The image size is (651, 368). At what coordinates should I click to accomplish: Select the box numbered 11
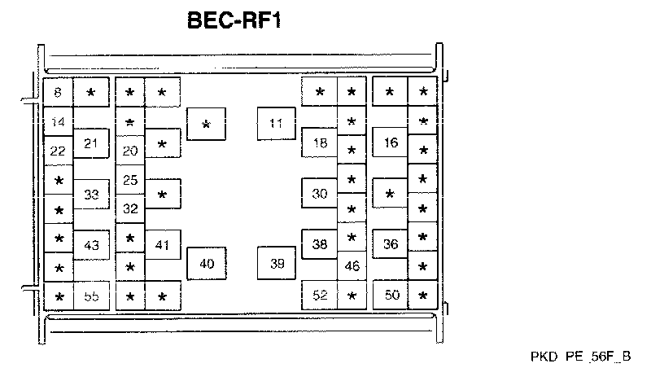click(x=277, y=124)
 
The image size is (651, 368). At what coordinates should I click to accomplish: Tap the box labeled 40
click(x=206, y=263)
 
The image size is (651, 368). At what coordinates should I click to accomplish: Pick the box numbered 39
click(x=277, y=263)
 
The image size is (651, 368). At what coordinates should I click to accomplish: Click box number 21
click(x=90, y=143)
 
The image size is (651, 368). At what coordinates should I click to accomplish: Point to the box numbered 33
click(x=90, y=194)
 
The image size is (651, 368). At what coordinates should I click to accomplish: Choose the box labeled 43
click(x=90, y=244)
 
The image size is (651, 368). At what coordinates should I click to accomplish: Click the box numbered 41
click(x=162, y=244)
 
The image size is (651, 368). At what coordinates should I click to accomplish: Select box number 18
click(x=320, y=143)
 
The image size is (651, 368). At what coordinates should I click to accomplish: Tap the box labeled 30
click(x=320, y=194)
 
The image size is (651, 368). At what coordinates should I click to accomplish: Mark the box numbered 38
click(x=320, y=243)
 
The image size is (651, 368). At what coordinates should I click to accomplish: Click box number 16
click(x=391, y=143)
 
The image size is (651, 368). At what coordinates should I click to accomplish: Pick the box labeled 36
click(x=391, y=243)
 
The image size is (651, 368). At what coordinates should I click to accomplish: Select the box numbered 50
click(x=391, y=295)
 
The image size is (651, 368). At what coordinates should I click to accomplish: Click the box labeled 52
click(x=320, y=295)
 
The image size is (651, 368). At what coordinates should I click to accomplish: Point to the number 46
click(x=352, y=265)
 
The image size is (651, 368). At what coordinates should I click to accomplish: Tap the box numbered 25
click(x=130, y=179)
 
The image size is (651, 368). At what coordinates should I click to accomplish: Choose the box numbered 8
click(x=58, y=93)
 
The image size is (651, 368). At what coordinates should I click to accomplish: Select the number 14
click(x=58, y=123)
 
